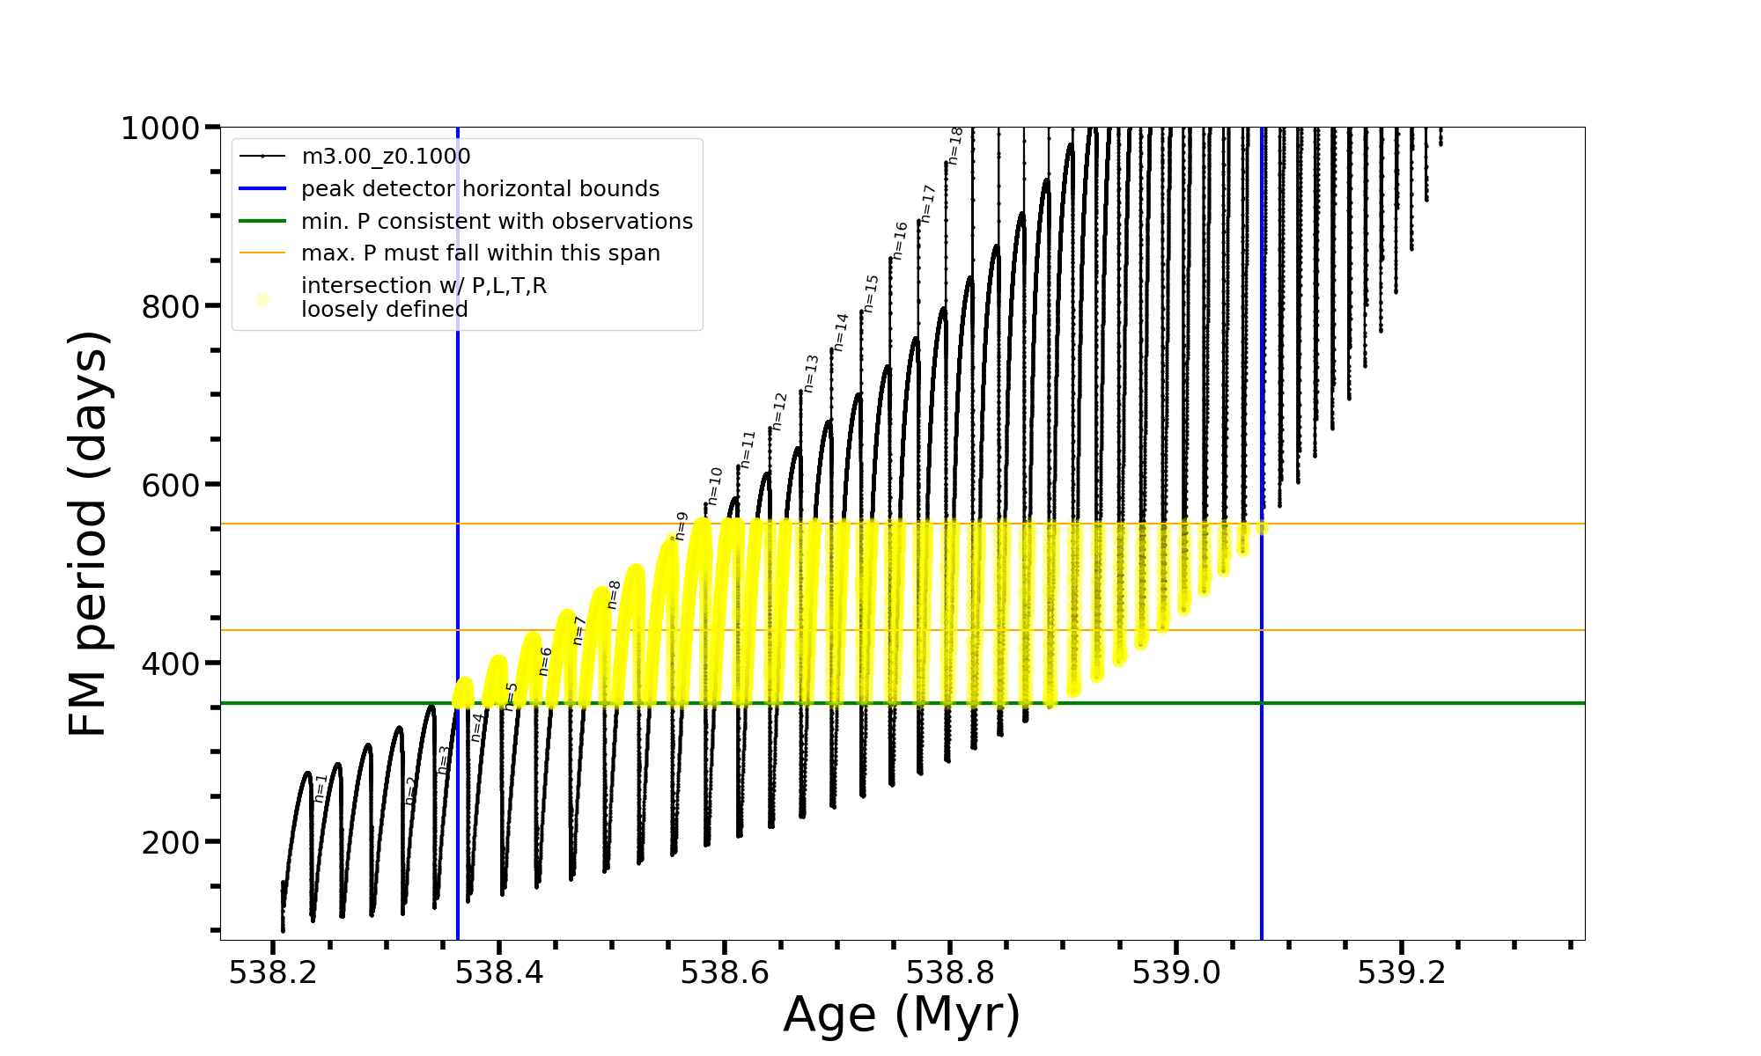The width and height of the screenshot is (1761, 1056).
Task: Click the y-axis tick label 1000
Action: click(160, 129)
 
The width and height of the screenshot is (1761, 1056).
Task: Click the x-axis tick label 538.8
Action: click(950, 972)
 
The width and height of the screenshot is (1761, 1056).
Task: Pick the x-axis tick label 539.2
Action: click(1402, 972)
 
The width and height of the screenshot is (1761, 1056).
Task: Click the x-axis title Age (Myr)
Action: click(902, 1015)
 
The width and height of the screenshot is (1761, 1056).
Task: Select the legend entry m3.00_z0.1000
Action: click(386, 157)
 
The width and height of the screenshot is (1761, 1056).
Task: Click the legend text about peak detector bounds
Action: click(480, 189)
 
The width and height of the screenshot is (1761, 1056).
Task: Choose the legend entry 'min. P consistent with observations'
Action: click(497, 222)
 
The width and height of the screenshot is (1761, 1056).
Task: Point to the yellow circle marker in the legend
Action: click(262, 299)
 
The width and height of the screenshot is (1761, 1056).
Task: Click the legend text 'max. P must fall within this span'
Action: click(480, 253)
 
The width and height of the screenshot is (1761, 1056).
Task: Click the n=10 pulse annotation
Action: click(715, 487)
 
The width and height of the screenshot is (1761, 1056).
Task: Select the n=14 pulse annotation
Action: click(841, 333)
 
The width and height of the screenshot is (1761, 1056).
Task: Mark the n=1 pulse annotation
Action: click(321, 788)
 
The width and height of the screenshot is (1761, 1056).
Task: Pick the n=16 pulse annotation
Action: click(900, 240)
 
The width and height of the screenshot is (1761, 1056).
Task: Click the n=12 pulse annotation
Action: click(779, 412)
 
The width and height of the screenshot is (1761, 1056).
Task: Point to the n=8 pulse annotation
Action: click(615, 595)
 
